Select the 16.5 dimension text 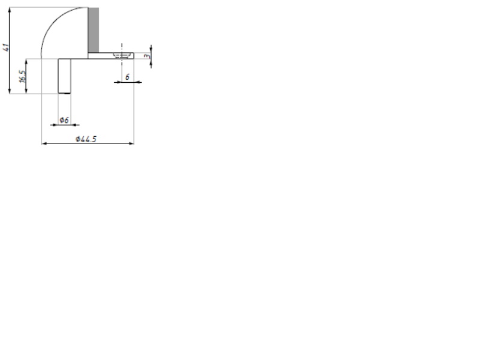tap(23, 76)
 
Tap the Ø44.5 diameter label tap(86, 139)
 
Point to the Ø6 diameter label tap(64, 120)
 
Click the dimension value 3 tap(146, 55)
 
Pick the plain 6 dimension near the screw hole tap(128, 77)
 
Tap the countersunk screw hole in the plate tap(122, 55)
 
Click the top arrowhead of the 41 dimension tap(10, 10)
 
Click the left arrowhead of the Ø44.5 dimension tap(44, 143)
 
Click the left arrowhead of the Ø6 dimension tap(55, 124)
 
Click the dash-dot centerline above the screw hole tap(122, 46)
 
